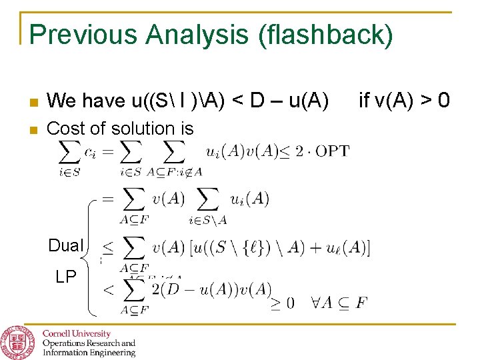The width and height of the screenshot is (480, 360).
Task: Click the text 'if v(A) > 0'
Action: pos(404,101)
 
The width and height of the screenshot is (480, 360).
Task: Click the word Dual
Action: pos(65,246)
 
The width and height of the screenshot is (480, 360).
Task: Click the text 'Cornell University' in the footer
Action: pos(77,333)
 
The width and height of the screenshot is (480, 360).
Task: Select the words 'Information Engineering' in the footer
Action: pos(89,353)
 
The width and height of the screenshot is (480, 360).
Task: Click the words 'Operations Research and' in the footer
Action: pos(89,343)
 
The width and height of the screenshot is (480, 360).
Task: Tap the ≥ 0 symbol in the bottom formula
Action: pos(282,303)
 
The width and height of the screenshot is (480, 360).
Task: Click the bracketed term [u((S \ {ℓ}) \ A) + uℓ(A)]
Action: pos(277,248)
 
